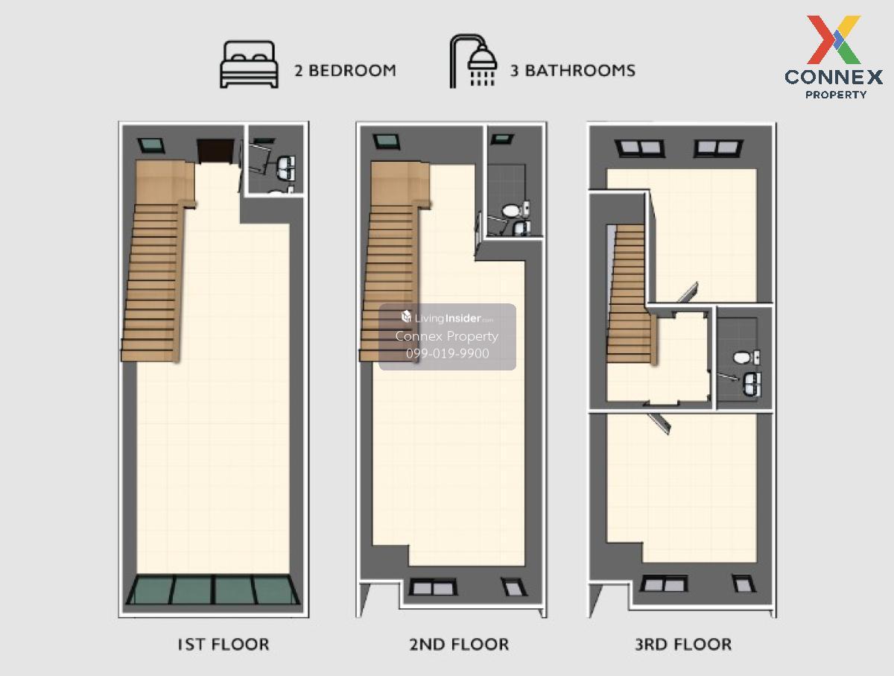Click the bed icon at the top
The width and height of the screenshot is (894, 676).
(249, 64)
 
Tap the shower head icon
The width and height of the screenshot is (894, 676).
(473, 61)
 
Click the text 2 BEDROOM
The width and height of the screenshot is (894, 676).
(345, 71)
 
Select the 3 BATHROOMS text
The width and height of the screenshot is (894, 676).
(572, 71)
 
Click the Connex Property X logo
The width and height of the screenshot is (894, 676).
(834, 40)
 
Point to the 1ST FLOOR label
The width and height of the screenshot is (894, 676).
(223, 644)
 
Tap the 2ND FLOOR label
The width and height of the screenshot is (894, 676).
(459, 644)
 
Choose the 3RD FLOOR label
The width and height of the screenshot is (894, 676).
(683, 644)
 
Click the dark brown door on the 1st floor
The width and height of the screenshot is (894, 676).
(216, 151)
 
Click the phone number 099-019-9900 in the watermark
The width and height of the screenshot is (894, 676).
(447, 353)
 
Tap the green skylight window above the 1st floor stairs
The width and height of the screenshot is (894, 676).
(151, 145)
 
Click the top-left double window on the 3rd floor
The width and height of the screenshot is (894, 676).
(640, 148)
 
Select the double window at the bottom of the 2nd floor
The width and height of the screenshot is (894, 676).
(433, 587)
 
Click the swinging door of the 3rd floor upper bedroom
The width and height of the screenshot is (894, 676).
(688, 293)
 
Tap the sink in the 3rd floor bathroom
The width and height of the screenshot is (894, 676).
(752, 384)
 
